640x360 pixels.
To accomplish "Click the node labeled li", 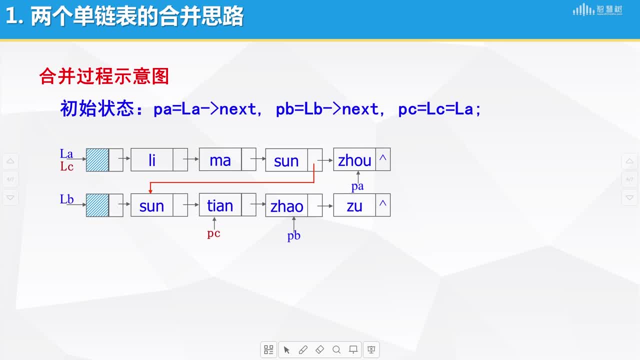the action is tap(159, 159).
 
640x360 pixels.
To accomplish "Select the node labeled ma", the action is tap(227, 159).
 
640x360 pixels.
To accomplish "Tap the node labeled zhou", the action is tap(361, 159).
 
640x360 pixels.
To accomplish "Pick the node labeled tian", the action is tap(227, 205).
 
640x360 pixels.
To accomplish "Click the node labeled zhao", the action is tap(293, 205).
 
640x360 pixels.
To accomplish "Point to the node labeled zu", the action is tap(361, 205).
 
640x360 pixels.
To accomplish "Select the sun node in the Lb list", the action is tap(159, 205).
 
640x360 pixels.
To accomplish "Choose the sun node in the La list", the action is tap(293, 160).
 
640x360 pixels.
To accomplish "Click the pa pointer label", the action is tap(357, 186).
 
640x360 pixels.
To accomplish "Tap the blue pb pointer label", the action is tap(293, 235).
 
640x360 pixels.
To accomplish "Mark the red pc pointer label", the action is tap(213, 233).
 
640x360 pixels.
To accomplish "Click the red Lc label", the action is tap(66, 166).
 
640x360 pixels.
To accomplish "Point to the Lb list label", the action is tap(66, 199).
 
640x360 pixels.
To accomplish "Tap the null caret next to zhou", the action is tap(383, 157).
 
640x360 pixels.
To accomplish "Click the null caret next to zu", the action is tap(383, 203).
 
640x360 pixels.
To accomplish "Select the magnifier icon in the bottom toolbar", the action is tap(336, 349).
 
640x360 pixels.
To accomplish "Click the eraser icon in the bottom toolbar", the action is tap(319, 349).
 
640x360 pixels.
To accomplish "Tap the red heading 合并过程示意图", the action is tap(104, 76).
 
